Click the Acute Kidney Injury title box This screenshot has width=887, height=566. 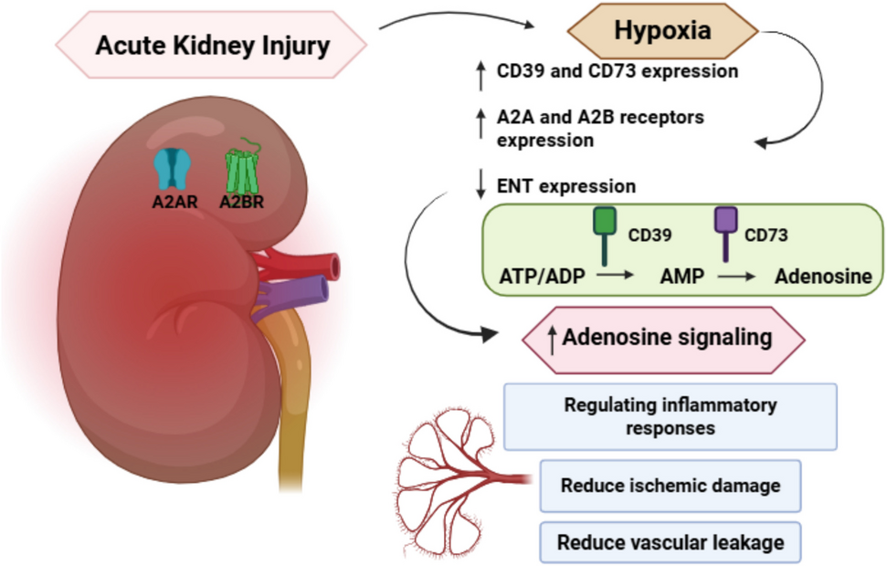pyautogui.click(x=212, y=44)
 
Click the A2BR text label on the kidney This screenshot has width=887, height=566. pyautogui.click(x=241, y=203)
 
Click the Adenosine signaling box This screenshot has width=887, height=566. pyautogui.click(x=664, y=338)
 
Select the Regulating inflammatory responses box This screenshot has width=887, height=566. pyautogui.click(x=670, y=415)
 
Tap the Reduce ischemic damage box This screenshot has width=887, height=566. pyautogui.click(x=670, y=486)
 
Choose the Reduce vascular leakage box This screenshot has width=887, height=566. pyautogui.click(x=670, y=542)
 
